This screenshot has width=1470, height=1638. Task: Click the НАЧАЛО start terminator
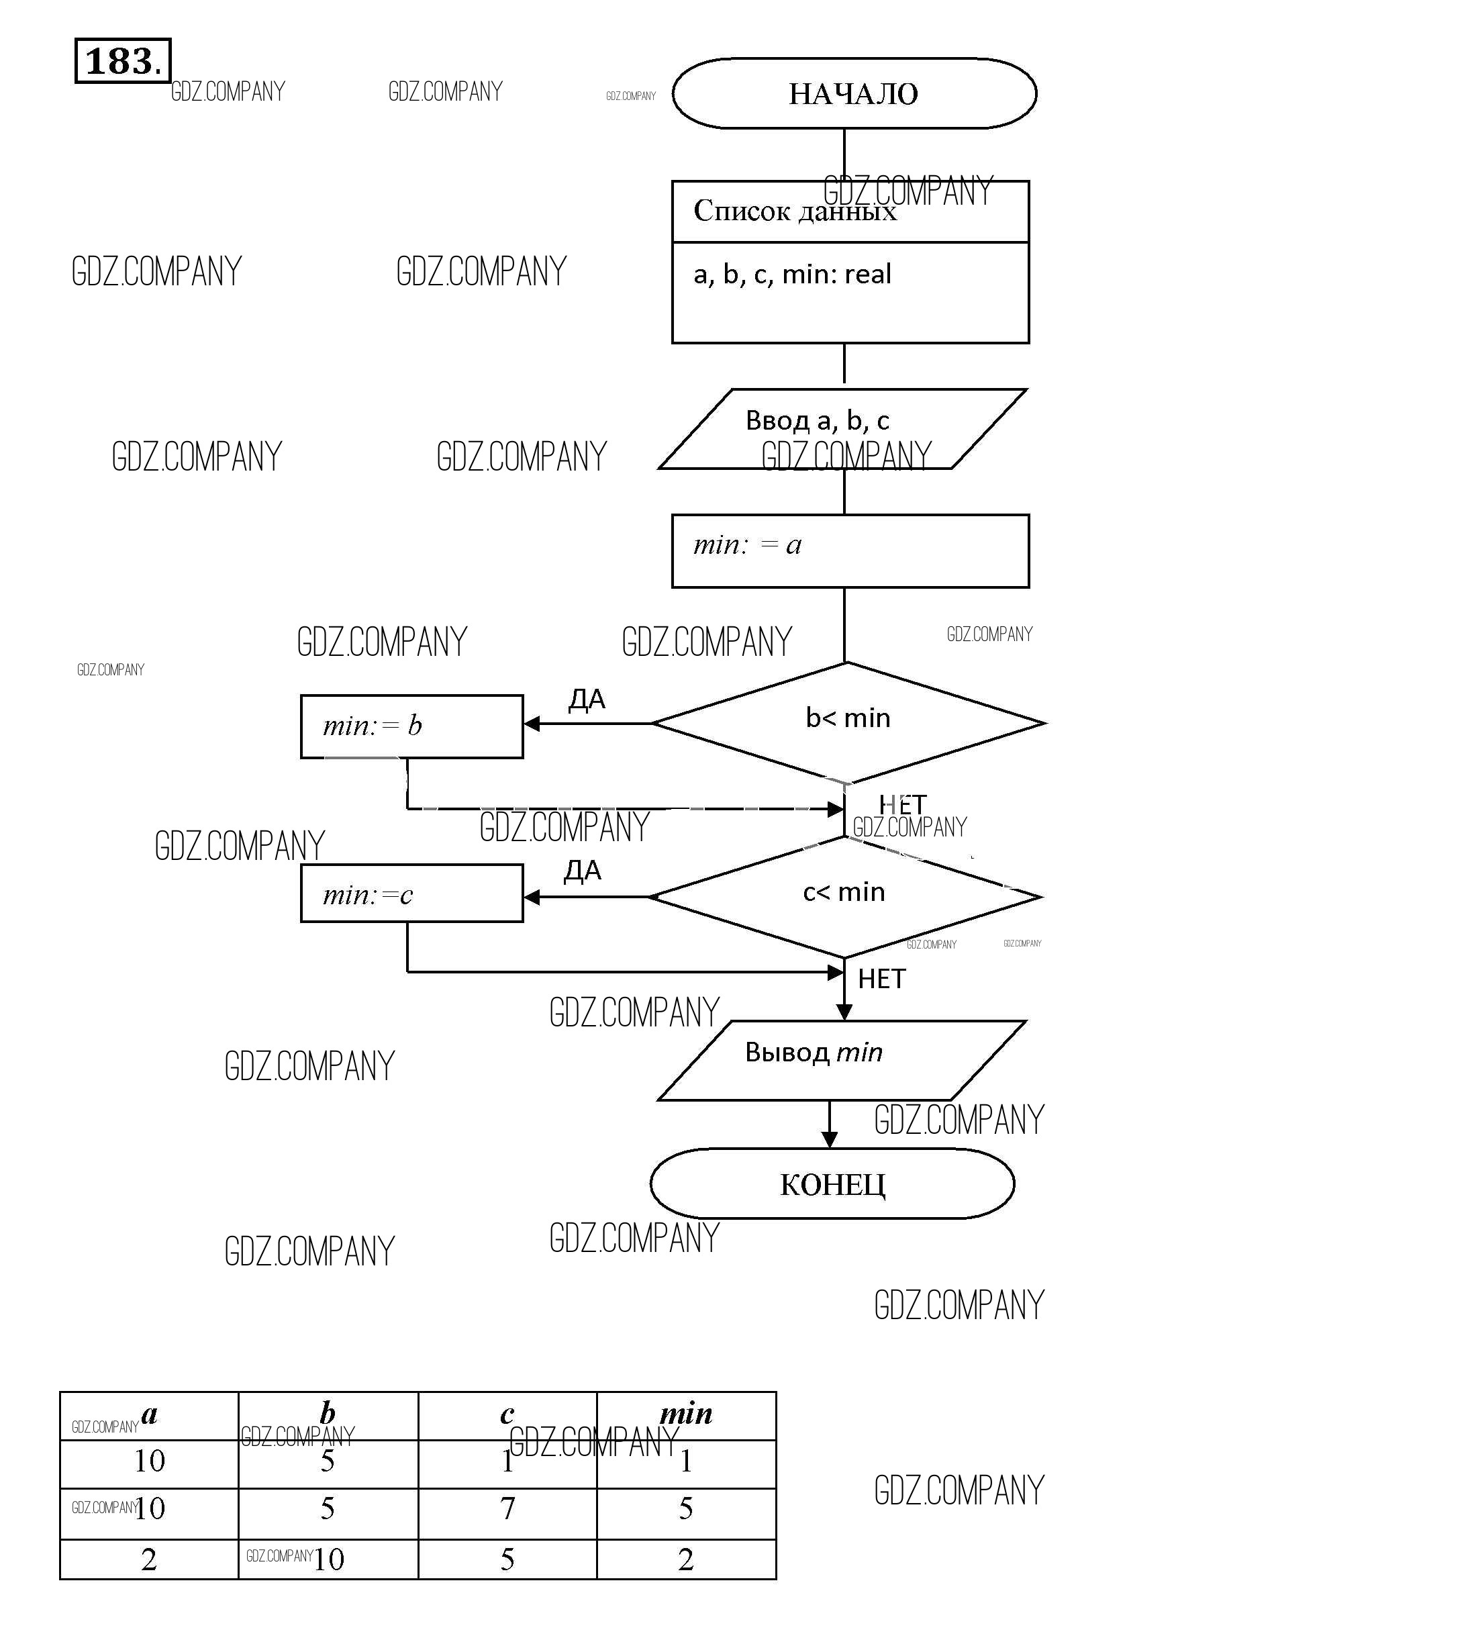point(854,94)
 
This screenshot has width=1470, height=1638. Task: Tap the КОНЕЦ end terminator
point(832,1184)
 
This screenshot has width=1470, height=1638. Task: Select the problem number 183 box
point(123,60)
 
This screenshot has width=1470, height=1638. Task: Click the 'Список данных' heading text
point(795,211)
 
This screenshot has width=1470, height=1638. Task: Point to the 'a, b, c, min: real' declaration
point(792,275)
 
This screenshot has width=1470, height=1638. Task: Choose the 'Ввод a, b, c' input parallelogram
point(842,429)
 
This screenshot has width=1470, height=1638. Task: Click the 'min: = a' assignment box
point(850,551)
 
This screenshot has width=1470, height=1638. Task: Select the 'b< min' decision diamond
point(847,722)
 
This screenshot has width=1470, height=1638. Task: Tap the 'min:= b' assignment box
point(412,726)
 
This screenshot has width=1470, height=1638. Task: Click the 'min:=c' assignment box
point(412,894)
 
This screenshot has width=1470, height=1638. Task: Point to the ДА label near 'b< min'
point(587,700)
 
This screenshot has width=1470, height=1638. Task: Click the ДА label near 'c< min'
point(583,871)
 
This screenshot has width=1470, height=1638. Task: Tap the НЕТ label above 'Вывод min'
point(881,979)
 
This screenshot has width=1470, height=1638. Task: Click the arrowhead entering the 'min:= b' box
point(532,724)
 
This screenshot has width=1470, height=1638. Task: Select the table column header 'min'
point(686,1414)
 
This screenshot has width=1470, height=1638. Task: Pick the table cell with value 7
point(507,1508)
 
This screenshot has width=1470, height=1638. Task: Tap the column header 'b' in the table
point(328,1414)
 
